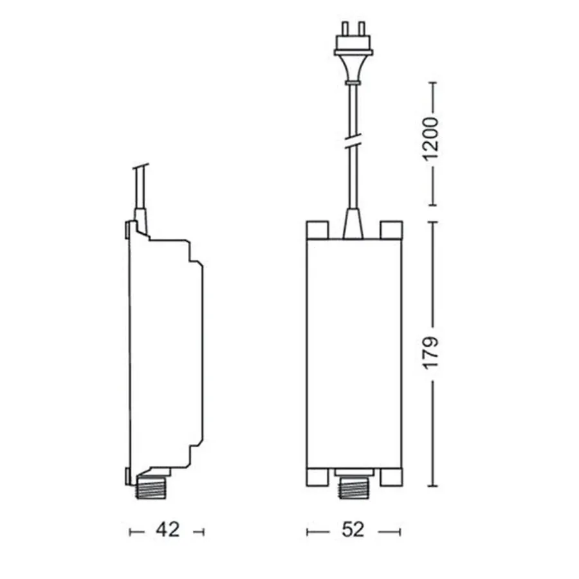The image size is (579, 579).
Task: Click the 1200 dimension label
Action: [430, 139]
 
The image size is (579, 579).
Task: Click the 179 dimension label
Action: [430, 353]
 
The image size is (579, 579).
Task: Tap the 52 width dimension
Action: [353, 530]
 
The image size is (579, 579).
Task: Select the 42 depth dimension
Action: [167, 530]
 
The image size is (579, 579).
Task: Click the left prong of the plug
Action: [345, 28]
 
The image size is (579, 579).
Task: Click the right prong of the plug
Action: [362, 28]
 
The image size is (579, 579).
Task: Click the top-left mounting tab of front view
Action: [318, 230]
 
